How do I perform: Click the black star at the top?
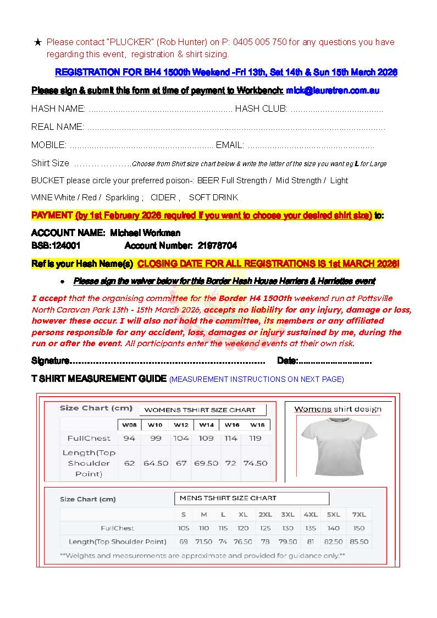[x=37, y=42]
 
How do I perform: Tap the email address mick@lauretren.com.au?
[x=333, y=90]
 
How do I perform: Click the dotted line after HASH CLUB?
[x=336, y=109]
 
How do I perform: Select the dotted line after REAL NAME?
[x=236, y=127]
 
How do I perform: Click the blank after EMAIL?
[x=311, y=146]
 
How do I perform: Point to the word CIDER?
[x=163, y=198]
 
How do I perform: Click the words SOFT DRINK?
[x=213, y=198]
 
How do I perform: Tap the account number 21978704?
[x=217, y=245]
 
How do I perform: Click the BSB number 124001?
[x=66, y=245]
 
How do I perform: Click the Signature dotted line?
[x=168, y=362]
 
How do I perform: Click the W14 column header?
[x=206, y=425]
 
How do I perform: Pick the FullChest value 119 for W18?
[x=255, y=439]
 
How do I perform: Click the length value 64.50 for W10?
[x=156, y=463]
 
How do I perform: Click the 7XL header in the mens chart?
[x=359, y=515]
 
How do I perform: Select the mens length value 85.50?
[x=359, y=542]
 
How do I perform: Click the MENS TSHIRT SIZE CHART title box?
[x=251, y=499]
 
